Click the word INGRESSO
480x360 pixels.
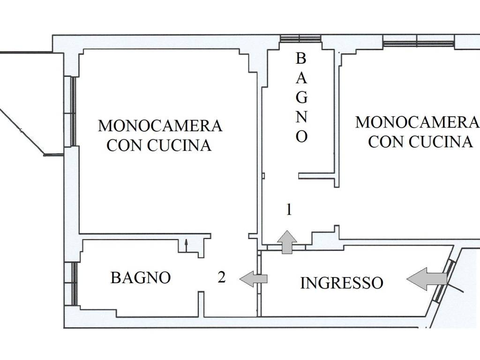click(x=341, y=283)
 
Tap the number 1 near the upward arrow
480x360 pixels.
click(x=289, y=210)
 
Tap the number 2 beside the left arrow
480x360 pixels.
click(x=222, y=277)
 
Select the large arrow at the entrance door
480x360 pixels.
click(x=426, y=279)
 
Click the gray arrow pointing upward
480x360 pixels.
click(x=286, y=242)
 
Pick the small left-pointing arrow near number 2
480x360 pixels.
click(x=253, y=279)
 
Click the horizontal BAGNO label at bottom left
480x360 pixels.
click(x=140, y=277)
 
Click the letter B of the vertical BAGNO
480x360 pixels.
click(x=301, y=59)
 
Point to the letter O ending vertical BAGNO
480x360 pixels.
click(x=301, y=137)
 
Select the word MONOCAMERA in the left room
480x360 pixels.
click(x=160, y=126)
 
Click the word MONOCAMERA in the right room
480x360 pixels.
click(x=416, y=122)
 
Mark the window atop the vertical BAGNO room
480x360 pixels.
click(x=300, y=40)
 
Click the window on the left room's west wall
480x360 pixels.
click(x=73, y=112)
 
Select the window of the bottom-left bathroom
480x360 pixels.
click(x=73, y=283)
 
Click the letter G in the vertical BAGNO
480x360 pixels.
click(x=301, y=97)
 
